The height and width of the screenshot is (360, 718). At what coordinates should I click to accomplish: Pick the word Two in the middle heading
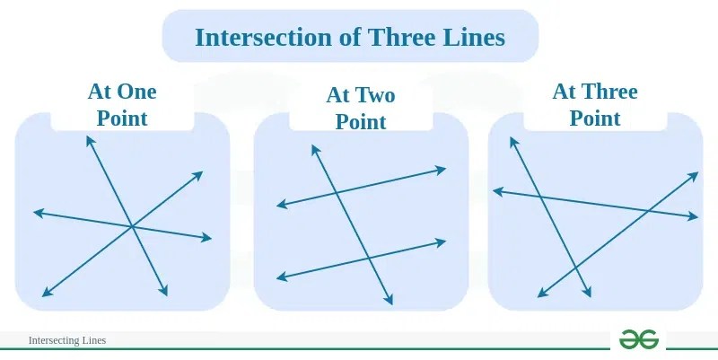pos(374,95)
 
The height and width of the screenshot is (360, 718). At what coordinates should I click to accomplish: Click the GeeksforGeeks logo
pos(639,338)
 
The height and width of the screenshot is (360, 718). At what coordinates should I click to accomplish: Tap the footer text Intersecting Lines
pos(67,340)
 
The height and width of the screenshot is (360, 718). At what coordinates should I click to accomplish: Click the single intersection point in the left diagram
pos(132,225)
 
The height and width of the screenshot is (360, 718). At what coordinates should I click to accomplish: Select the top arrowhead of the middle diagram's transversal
pos(314,146)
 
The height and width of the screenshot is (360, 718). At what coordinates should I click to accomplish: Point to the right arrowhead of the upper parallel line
pos(444,168)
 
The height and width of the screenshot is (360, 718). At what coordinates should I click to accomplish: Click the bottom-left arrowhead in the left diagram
pos(44,294)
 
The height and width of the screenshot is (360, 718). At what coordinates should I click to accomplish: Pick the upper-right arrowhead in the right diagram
pos(696,173)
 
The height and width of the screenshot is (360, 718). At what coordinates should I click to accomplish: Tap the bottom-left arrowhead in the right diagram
pos(538,294)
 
